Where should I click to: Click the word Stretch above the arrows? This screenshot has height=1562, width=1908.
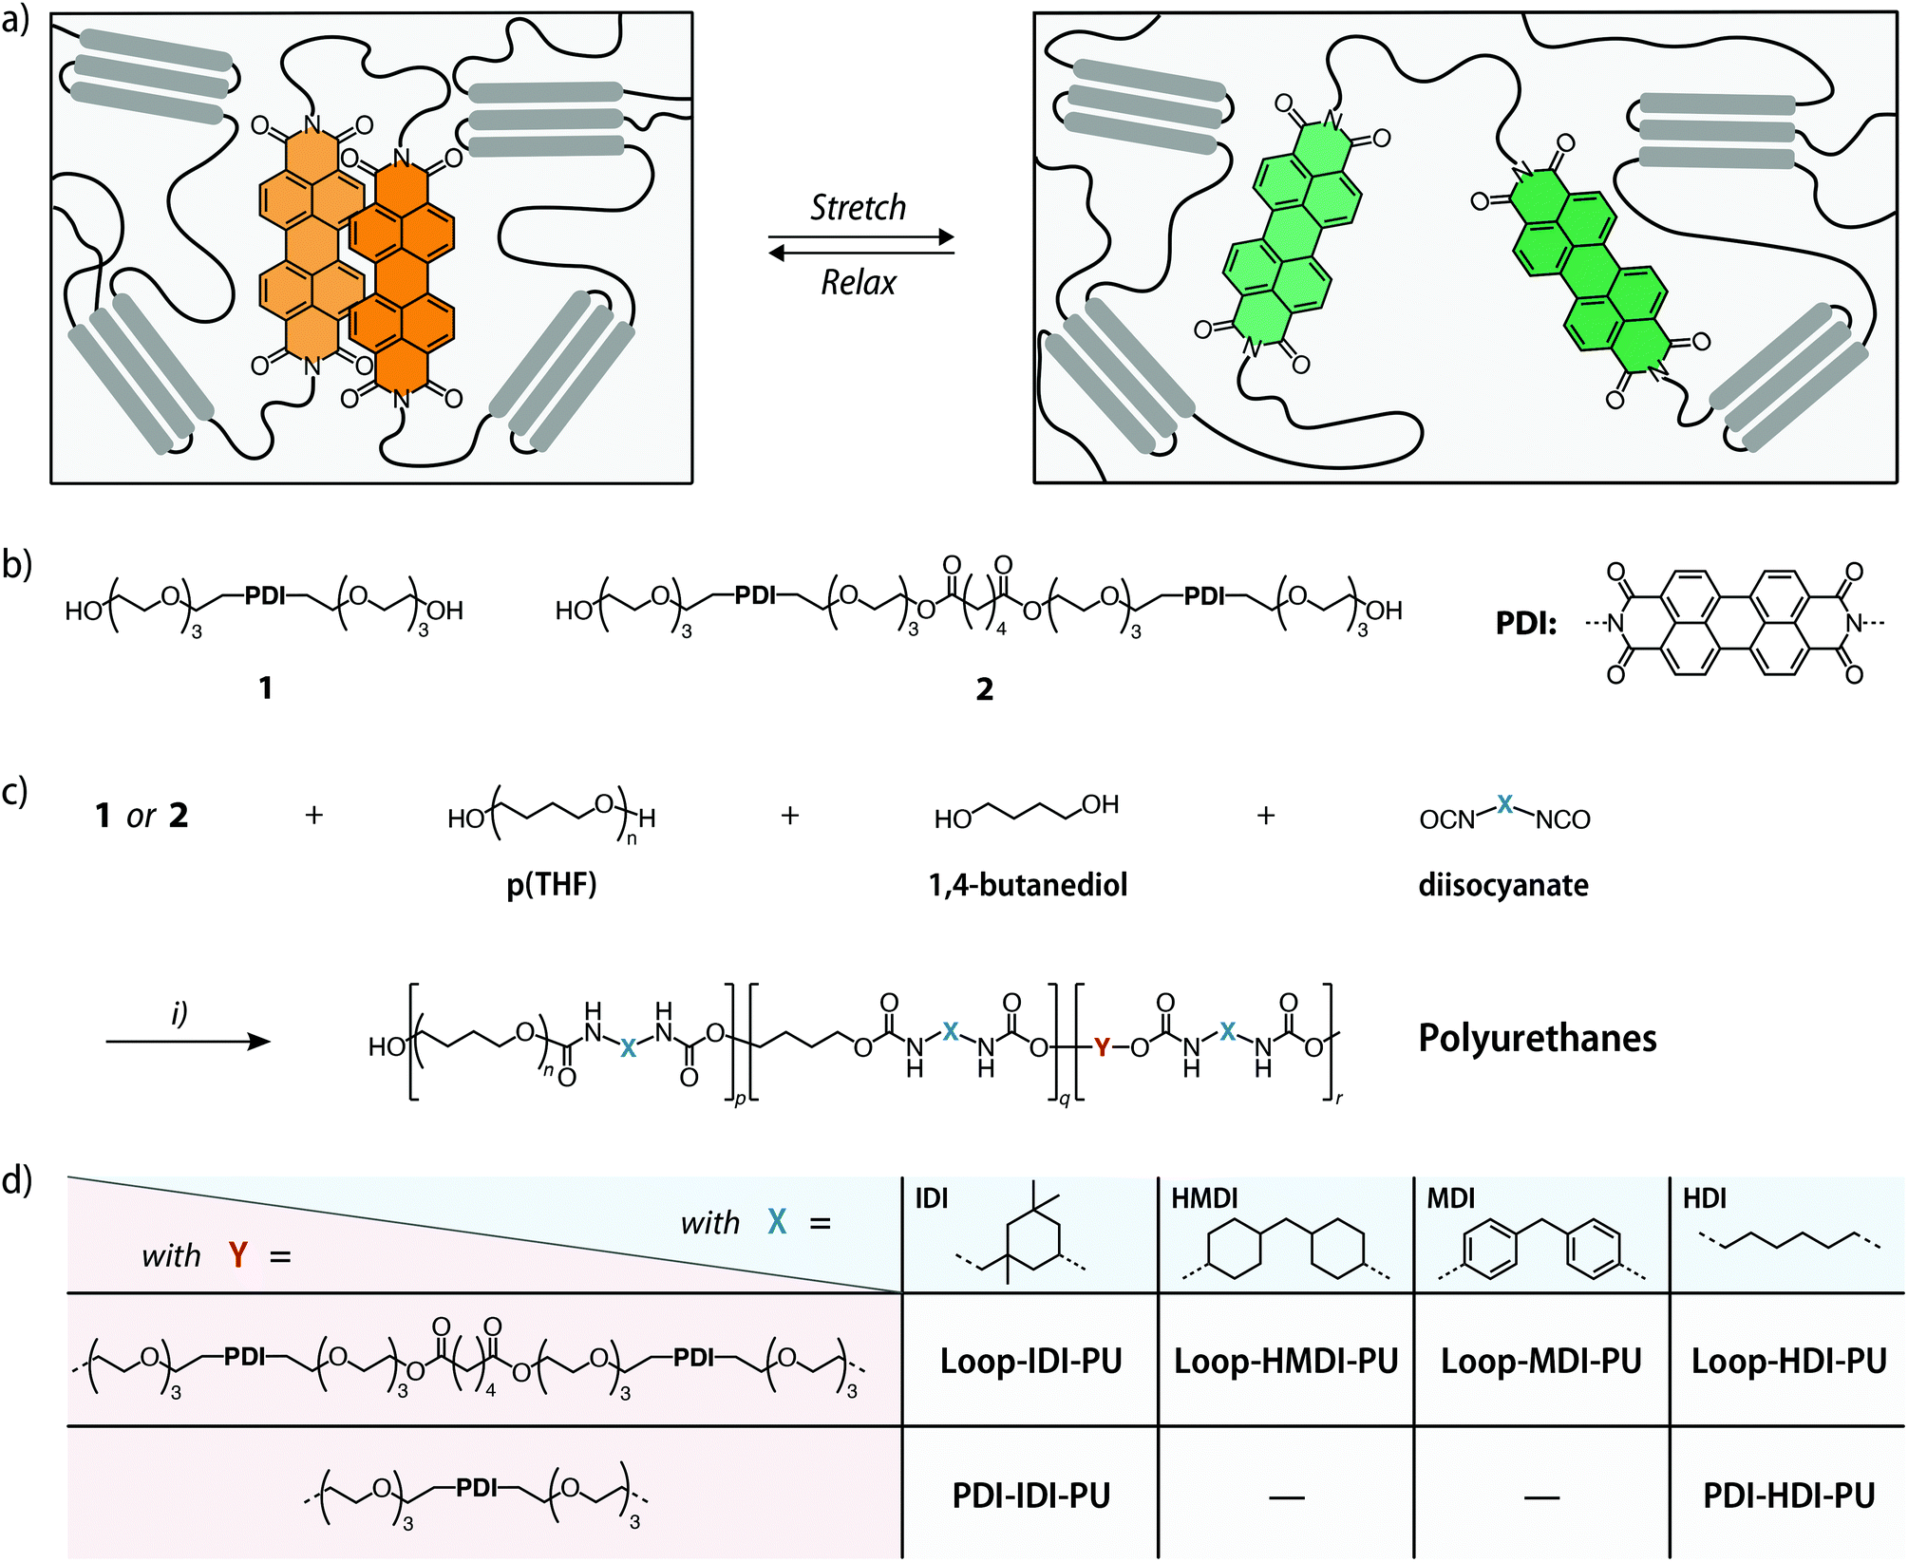click(x=858, y=207)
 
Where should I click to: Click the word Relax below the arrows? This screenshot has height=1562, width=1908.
click(x=859, y=282)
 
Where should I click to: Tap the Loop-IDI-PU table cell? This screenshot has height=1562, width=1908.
click(x=1030, y=1361)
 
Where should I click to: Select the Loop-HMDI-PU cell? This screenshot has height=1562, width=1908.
click(x=1286, y=1361)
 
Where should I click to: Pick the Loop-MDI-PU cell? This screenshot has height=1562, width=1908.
click(x=1541, y=1361)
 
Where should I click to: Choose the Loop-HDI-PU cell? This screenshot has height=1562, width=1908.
click(x=1788, y=1361)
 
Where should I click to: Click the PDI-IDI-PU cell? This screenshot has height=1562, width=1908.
click(x=1030, y=1496)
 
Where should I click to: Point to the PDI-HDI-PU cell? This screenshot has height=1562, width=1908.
click(x=1788, y=1496)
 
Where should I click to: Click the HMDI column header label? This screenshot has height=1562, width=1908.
click(x=1204, y=1198)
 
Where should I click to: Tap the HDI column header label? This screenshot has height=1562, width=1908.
click(x=1705, y=1198)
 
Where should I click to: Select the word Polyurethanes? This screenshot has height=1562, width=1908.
click(x=1538, y=1038)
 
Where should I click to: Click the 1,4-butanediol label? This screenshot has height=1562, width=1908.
click(x=1028, y=885)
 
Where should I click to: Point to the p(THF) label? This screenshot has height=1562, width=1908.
click(x=552, y=885)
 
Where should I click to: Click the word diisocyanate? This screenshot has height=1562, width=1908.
click(x=1503, y=885)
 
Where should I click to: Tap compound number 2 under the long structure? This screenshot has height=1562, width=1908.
click(x=985, y=688)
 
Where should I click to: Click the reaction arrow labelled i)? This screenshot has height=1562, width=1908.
click(x=188, y=1042)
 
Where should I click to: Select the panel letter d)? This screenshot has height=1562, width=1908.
click(x=17, y=1180)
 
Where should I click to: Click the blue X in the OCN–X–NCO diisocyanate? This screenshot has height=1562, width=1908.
click(x=1504, y=804)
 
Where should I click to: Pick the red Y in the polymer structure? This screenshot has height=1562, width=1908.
click(x=1102, y=1047)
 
